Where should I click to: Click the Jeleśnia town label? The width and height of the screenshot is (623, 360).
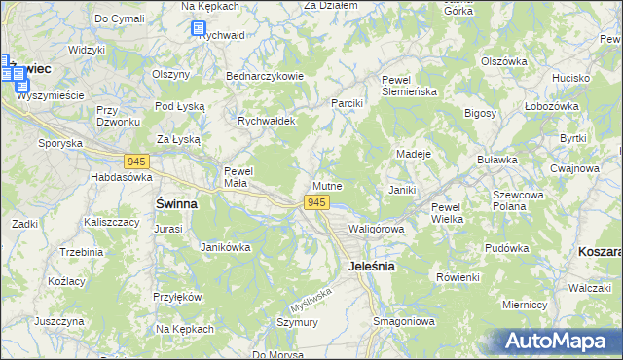[x=371, y=267]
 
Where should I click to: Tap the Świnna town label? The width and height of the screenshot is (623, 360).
[x=177, y=204]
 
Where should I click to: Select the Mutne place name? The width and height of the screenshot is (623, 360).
[x=327, y=185]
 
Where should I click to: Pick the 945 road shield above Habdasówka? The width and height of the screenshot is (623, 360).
[x=136, y=161]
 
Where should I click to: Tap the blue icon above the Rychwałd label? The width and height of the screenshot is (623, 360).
[x=199, y=29]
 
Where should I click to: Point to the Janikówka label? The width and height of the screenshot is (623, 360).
[x=225, y=247]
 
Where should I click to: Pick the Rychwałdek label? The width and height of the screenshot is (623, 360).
[x=267, y=122]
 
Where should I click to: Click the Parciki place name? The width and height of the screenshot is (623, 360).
[x=347, y=103]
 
